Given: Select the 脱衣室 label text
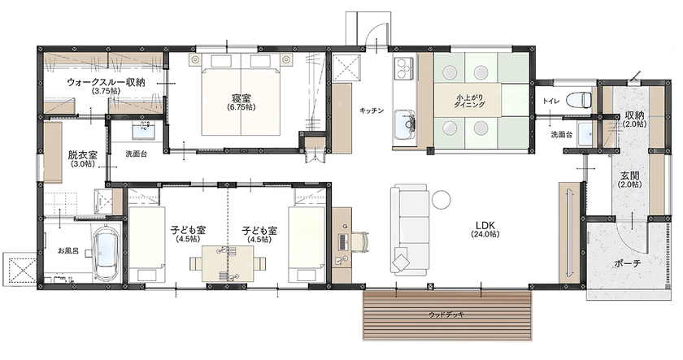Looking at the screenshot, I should click(82, 154).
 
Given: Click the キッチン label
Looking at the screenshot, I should click(372, 111).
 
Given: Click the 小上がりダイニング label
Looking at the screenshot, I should click(470, 102).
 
